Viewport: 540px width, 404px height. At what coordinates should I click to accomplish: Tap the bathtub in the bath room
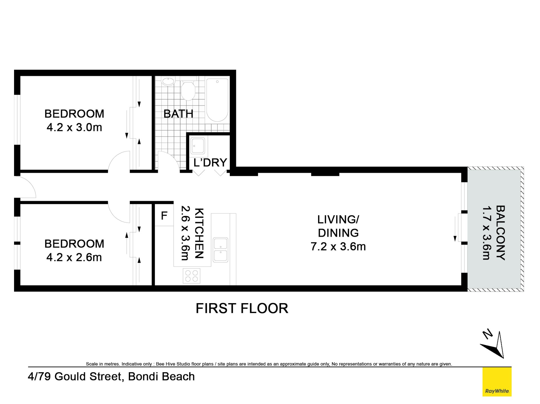pyautogui.click(x=217, y=100)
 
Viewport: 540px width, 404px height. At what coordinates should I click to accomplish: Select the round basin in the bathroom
pyautogui.click(x=168, y=81)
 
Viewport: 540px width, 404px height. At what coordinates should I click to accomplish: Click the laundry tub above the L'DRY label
pyautogui.click(x=198, y=146)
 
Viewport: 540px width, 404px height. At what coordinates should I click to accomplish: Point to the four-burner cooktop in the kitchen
pyautogui.click(x=192, y=276)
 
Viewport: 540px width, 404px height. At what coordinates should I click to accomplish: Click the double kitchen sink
pyautogui.click(x=220, y=250)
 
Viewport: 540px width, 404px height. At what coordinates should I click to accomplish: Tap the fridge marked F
pyautogui.click(x=164, y=216)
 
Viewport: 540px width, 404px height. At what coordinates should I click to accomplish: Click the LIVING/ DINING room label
pyautogui.click(x=338, y=226)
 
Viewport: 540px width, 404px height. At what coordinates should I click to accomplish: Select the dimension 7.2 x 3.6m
pyautogui.click(x=338, y=247)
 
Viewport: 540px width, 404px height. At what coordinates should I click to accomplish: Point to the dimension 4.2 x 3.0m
pyautogui.click(x=74, y=128)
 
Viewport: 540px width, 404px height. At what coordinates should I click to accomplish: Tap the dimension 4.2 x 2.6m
pyautogui.click(x=74, y=257)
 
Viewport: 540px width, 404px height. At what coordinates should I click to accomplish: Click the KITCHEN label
pyautogui.click(x=199, y=233)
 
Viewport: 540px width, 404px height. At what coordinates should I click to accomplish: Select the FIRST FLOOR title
pyautogui.click(x=242, y=308)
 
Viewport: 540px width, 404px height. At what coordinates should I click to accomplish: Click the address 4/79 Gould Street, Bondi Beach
pyautogui.click(x=111, y=376)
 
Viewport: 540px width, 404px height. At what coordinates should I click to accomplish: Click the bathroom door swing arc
pyautogui.click(x=168, y=161)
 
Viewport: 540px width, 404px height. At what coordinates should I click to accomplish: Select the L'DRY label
pyautogui.click(x=210, y=163)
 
